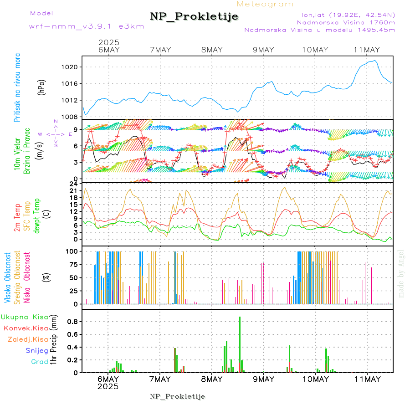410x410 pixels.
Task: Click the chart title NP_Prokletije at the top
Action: coord(194,17)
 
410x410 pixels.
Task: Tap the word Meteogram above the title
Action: coord(265,4)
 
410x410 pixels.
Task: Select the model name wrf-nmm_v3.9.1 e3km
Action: coord(87,26)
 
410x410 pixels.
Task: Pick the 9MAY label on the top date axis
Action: coord(263,50)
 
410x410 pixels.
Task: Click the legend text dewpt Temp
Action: coord(37,215)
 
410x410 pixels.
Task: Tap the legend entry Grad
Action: coord(39,362)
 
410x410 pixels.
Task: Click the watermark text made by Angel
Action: coord(401,273)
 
